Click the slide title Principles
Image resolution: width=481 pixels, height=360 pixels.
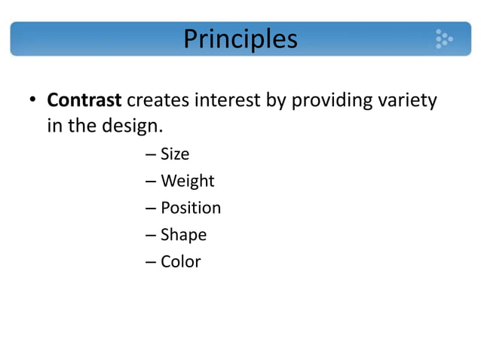[240, 38]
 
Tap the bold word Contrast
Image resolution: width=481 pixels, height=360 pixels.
[84, 100]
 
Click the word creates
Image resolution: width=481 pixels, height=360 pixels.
[158, 100]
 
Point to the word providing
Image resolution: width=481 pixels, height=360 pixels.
[329, 101]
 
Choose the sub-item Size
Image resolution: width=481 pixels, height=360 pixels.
[175, 154]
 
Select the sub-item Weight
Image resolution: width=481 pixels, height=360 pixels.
[188, 182]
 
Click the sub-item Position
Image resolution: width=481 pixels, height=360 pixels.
[191, 208]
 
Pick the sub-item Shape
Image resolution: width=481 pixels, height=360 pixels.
[183, 235]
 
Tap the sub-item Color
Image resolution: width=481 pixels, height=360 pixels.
[181, 261]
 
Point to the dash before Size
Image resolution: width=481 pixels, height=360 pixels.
[149, 155]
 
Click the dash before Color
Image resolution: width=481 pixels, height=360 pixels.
[149, 262]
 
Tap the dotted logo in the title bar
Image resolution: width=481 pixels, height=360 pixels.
[443, 39]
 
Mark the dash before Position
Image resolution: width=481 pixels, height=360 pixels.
[149, 209]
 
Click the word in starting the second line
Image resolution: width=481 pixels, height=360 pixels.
[55, 126]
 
